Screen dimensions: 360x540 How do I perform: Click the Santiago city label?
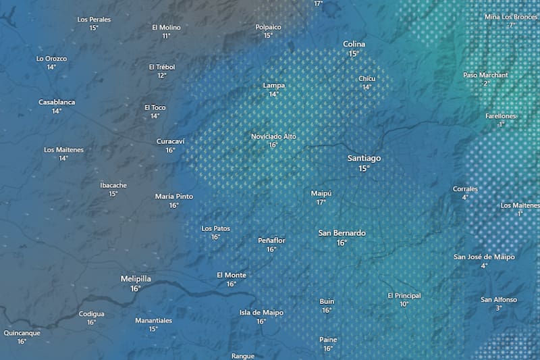(x=364, y=158)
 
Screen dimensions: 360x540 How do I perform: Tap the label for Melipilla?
(x=136, y=278)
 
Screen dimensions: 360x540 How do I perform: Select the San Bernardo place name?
(x=342, y=233)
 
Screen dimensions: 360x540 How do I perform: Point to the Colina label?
(x=354, y=44)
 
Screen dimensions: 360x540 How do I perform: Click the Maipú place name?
(x=321, y=193)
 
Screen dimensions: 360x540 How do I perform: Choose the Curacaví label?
(x=170, y=141)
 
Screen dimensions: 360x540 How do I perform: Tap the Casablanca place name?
(x=57, y=102)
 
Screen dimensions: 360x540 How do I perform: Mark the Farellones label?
(x=500, y=116)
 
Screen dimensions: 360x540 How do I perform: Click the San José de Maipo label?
(x=484, y=257)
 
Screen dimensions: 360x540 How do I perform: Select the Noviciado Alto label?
(x=273, y=136)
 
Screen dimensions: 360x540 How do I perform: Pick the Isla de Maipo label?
(x=261, y=313)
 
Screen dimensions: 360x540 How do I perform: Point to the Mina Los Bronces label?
(x=511, y=17)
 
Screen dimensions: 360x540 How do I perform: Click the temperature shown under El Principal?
(x=404, y=305)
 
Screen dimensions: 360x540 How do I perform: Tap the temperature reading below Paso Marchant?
(x=485, y=84)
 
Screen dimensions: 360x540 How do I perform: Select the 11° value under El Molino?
(x=166, y=36)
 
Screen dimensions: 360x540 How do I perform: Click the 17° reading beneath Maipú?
(x=321, y=202)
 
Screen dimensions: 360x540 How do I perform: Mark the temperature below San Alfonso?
(x=499, y=308)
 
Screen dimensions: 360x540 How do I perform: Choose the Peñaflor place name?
(x=271, y=240)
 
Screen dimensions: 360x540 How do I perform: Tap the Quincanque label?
(x=22, y=333)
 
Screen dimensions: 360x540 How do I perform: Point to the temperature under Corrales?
(x=465, y=198)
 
